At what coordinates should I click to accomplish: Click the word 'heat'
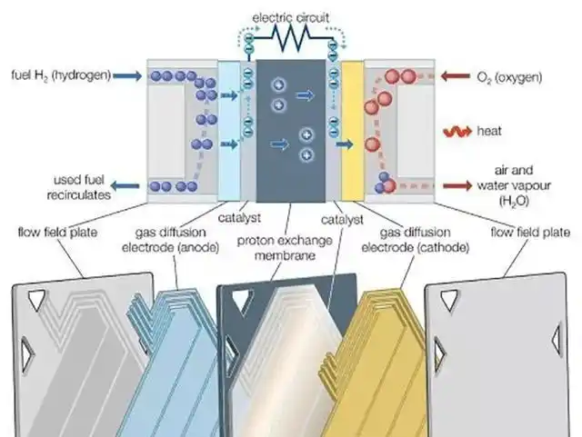click(x=488, y=131)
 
